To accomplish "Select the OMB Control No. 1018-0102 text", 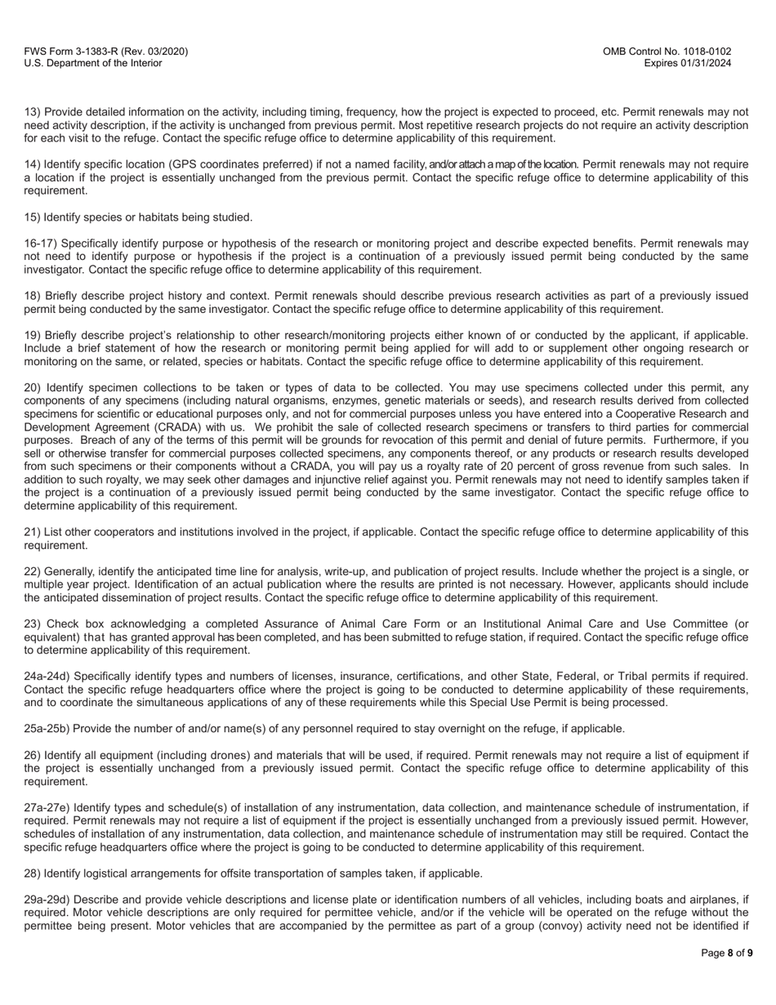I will point(667,51).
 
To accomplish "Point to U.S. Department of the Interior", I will point(93,63).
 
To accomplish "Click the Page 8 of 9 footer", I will point(727,953).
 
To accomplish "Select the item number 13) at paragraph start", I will point(32,112).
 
